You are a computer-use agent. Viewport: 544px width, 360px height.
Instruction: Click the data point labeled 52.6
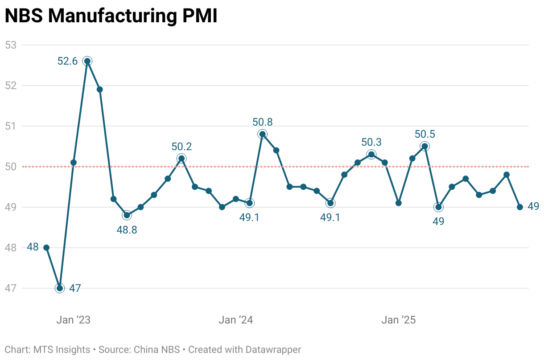point(87,61)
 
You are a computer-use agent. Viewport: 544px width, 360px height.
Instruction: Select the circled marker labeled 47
point(60,288)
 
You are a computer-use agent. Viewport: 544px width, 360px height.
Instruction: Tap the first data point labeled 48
point(46,248)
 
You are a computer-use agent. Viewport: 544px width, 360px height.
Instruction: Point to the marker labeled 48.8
point(127,215)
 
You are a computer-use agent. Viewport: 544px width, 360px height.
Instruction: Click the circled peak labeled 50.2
point(181,158)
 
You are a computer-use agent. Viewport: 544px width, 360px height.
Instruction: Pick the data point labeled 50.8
point(263,134)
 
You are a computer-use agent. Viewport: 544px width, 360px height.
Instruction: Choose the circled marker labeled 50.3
point(371,154)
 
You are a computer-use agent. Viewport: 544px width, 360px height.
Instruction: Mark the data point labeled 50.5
point(425,146)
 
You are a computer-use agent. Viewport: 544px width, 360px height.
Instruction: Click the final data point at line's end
point(520,207)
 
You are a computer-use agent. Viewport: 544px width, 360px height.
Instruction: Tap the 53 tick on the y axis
point(10,45)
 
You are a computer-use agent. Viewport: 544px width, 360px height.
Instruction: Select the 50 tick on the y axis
point(10,167)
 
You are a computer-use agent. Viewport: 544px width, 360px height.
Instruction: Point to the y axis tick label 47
point(10,288)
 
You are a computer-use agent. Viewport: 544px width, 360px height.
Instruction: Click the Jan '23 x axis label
point(73,320)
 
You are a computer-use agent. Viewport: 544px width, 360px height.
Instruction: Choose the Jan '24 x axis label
point(235,320)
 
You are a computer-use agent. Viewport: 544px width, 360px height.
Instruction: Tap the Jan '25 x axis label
point(398,320)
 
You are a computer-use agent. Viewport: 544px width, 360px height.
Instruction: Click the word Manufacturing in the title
point(111,16)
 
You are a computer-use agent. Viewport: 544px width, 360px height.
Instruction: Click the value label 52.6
point(67,61)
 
